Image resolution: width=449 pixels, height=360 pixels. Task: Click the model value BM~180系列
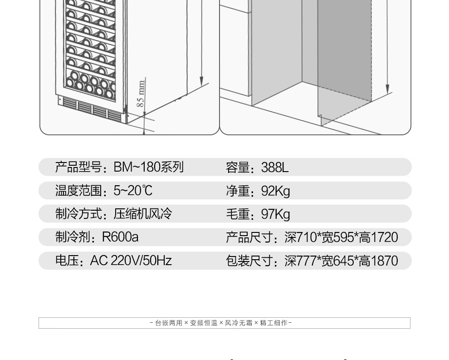tap(148, 167)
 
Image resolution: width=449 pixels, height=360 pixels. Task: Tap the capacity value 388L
tap(274, 167)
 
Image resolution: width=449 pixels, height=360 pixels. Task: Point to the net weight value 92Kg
tap(275, 191)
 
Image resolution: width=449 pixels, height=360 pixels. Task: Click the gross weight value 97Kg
tap(275, 214)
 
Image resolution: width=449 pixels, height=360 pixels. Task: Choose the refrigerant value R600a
tap(120, 237)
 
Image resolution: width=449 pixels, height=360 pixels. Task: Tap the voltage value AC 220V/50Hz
tap(131, 261)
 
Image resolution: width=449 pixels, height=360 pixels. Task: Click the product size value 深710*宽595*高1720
tap(341, 237)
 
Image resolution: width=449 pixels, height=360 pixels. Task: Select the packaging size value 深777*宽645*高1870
tap(341, 261)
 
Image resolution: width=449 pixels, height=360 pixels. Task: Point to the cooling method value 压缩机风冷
tap(143, 214)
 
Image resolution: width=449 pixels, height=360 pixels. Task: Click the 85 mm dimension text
tap(141, 93)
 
